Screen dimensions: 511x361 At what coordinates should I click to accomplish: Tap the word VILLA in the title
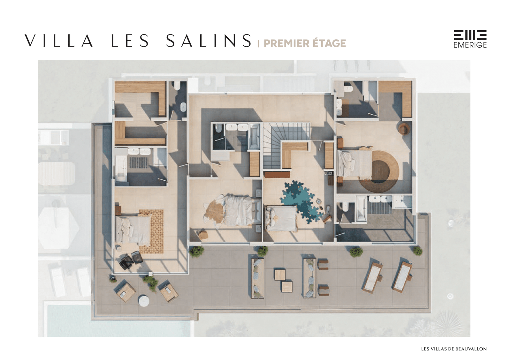[x=59, y=41]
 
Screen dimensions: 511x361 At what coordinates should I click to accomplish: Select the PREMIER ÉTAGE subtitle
[x=305, y=43]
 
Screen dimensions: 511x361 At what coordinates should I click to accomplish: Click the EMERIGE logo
[x=470, y=39]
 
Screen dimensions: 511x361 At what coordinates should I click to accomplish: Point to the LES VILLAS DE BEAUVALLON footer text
[x=454, y=349]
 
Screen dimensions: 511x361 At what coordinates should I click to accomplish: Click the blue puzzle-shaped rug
[x=301, y=202]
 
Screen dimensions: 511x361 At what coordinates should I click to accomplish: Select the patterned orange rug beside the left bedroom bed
[x=151, y=231]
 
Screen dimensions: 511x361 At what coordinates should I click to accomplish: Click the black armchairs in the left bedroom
[x=131, y=260]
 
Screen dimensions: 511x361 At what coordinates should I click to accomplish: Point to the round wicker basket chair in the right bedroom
[x=404, y=129]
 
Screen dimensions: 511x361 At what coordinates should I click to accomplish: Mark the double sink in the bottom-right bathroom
[x=380, y=199]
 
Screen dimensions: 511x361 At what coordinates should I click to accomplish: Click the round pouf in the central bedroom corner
[x=202, y=235]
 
